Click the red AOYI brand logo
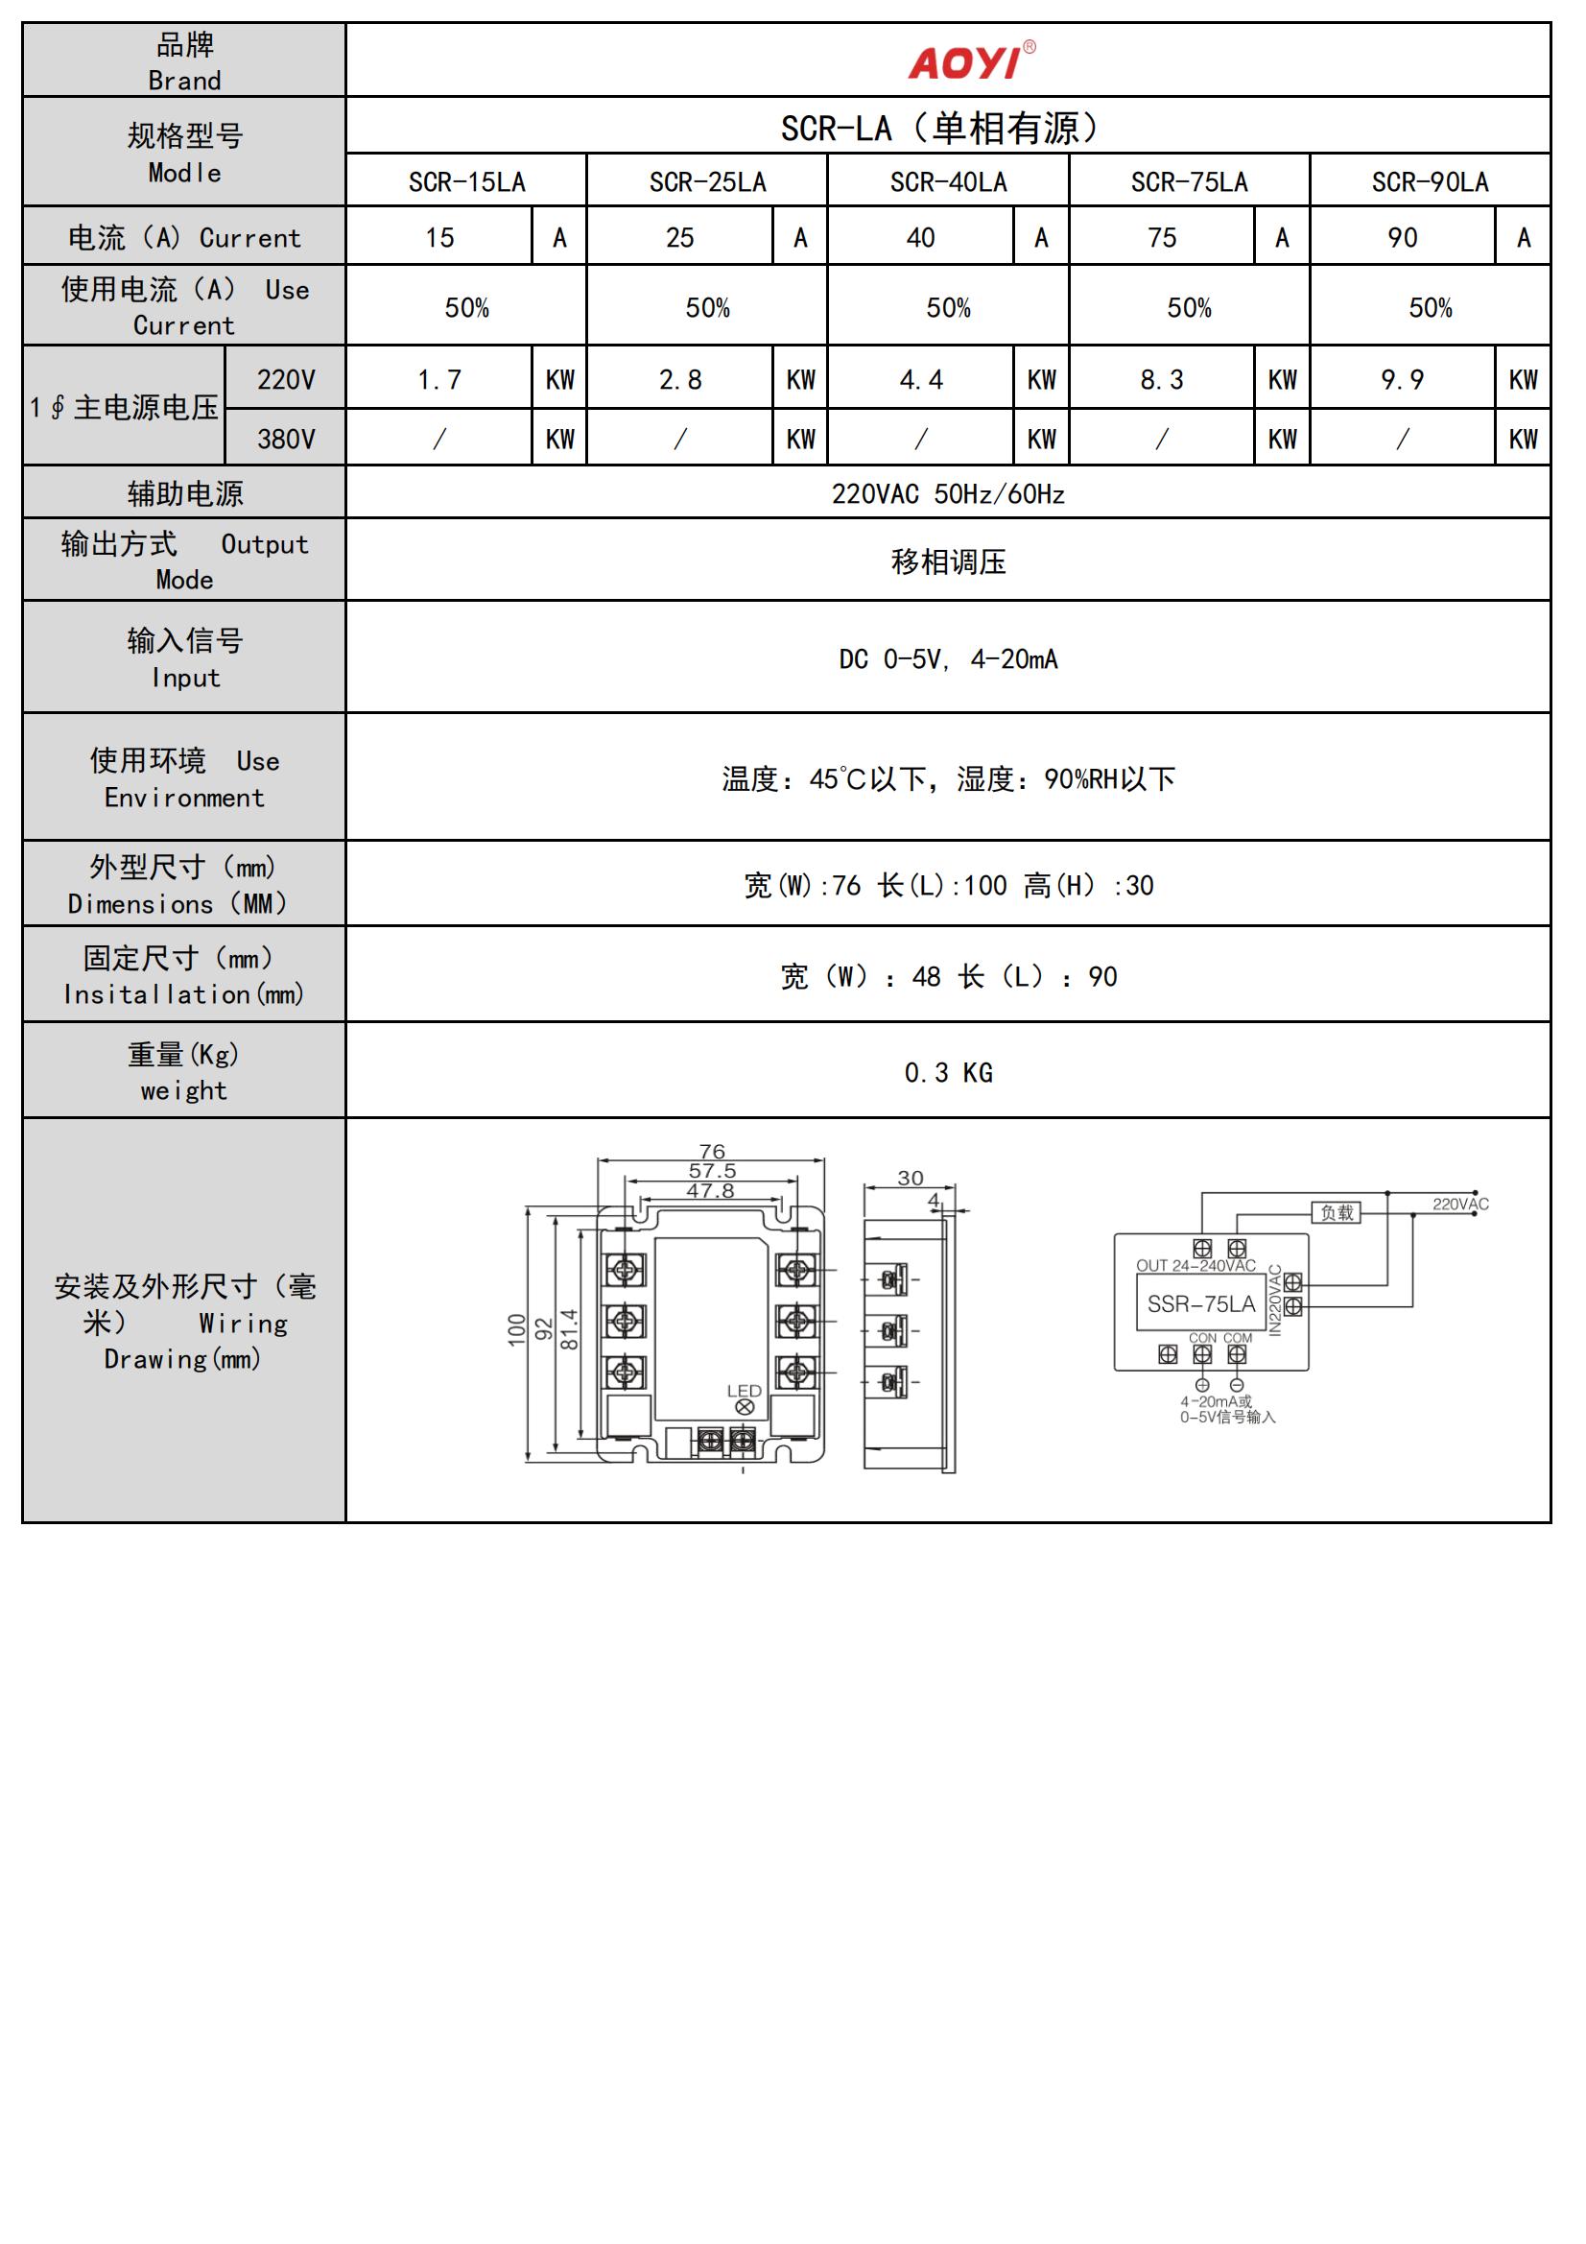(x=970, y=61)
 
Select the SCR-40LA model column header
(x=948, y=181)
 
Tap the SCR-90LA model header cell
(x=1430, y=181)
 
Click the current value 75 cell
(x=1161, y=237)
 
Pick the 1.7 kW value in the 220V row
(x=438, y=379)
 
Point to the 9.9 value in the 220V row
(x=1403, y=379)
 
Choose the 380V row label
(x=285, y=439)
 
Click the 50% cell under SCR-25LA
(x=707, y=308)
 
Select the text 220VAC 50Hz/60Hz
(x=948, y=493)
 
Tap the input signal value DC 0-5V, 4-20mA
(x=948, y=659)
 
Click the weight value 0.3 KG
(x=948, y=1073)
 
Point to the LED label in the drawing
(x=744, y=1391)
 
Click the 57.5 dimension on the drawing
(x=712, y=1171)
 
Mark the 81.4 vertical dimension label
(x=570, y=1329)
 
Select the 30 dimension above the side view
(x=910, y=1179)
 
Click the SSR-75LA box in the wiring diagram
(x=1201, y=1303)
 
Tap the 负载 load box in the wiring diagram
(x=1336, y=1213)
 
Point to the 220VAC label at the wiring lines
(x=1460, y=1205)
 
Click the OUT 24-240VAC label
(x=1195, y=1266)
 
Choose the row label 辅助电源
(x=184, y=493)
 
